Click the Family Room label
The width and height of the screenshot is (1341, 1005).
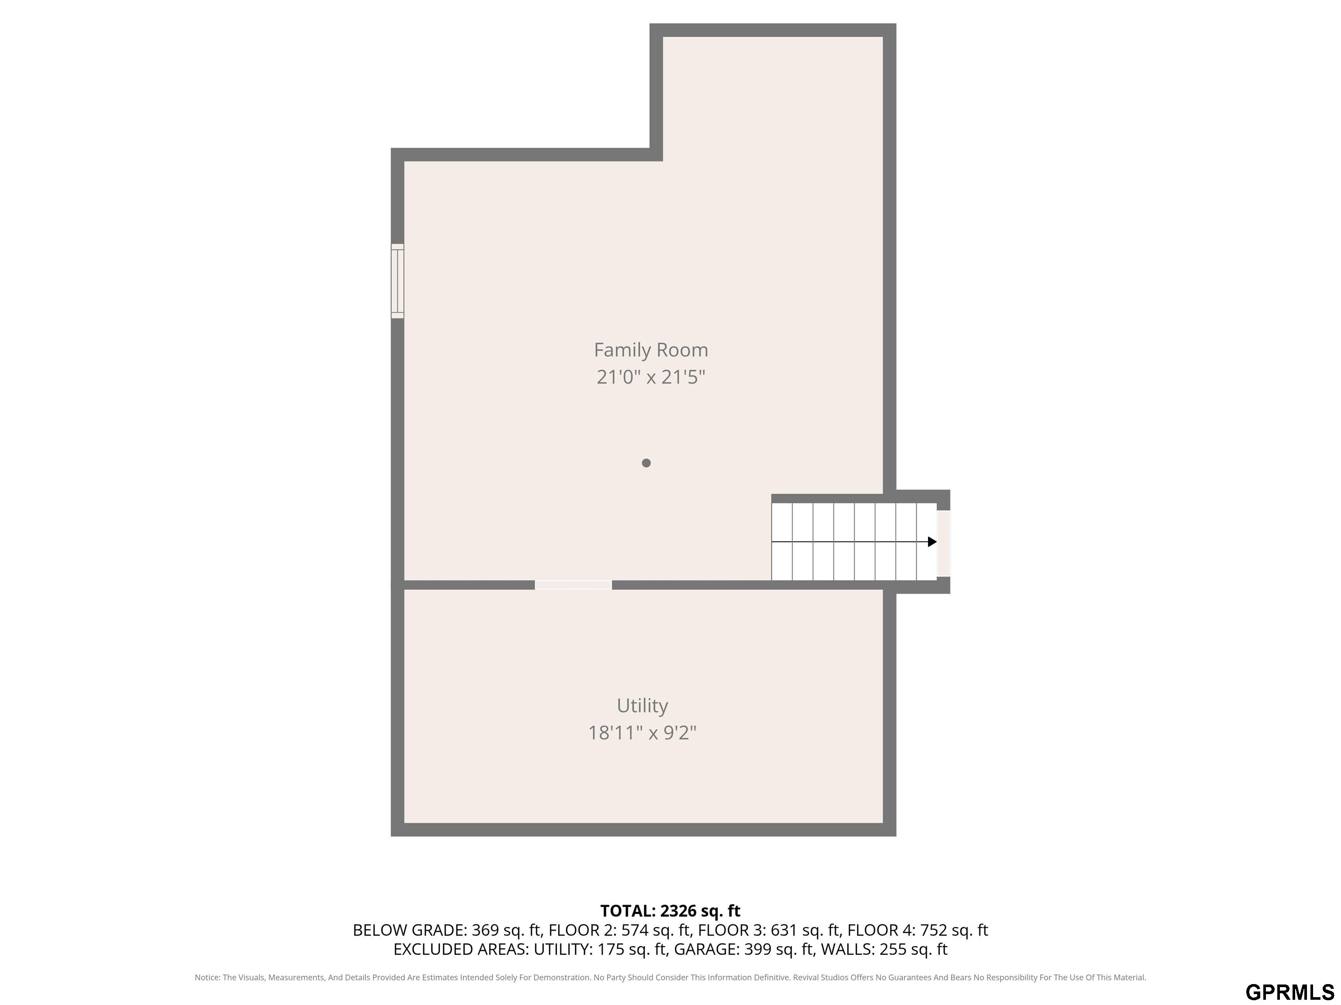(650, 350)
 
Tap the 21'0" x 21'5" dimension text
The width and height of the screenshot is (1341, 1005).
(650, 377)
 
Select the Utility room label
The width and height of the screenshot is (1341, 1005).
(642, 706)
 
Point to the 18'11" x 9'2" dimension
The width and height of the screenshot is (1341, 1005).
(642, 733)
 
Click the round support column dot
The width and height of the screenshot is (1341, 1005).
(646, 463)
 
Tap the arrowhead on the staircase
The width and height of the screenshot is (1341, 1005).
(932, 542)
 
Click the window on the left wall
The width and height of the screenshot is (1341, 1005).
(397, 281)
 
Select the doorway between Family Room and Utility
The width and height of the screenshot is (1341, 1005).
(573, 585)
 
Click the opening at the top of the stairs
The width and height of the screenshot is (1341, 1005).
(943, 544)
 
